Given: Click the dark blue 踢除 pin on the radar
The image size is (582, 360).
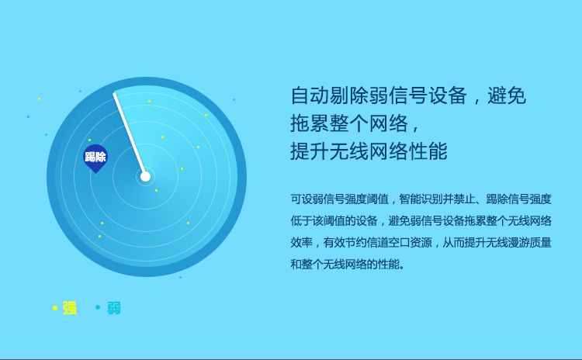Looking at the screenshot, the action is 95,158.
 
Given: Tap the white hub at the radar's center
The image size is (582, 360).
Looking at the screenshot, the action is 145,177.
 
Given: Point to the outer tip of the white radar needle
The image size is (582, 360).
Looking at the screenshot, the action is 115,95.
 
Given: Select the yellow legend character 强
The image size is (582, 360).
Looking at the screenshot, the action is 70,308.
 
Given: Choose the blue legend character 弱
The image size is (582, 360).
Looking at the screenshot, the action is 114,308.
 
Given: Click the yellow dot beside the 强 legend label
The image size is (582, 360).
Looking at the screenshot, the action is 55,308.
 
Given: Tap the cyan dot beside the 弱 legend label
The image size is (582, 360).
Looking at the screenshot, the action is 98,307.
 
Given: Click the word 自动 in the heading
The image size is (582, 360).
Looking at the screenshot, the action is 310,95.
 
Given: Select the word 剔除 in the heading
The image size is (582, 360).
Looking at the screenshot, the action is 349,95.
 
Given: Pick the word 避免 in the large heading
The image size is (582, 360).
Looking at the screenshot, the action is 507,95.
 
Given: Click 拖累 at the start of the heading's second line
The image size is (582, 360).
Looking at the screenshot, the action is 310,123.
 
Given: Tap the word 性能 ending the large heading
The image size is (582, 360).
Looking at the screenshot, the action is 428,151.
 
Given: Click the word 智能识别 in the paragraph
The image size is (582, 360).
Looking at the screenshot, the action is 421,199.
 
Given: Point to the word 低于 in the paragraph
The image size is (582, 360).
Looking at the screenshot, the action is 301,221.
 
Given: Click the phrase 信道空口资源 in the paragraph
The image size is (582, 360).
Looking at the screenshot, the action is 399,243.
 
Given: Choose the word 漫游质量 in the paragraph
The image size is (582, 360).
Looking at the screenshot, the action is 530,243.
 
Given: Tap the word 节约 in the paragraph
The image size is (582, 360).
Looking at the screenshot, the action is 355,243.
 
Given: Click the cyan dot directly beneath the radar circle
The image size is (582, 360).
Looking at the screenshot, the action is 180,277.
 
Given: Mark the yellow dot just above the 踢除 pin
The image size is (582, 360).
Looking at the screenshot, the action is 89,140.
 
